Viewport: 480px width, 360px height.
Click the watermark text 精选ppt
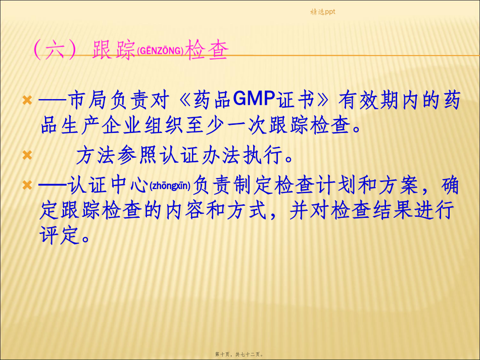[x=323, y=12]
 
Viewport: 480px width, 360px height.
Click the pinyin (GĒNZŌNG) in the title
[x=160, y=51]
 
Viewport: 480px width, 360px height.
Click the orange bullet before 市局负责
[x=27, y=100]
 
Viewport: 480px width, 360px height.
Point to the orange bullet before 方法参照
[x=27, y=155]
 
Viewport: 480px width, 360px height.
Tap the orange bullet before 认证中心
[x=27, y=185]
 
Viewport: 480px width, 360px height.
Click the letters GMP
[x=254, y=99]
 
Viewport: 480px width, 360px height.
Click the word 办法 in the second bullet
[x=221, y=155]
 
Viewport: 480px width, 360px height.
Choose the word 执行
[x=263, y=155]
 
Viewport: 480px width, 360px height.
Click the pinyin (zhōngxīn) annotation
[x=170, y=186]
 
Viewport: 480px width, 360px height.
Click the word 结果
[x=393, y=210]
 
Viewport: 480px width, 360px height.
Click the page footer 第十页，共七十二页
[x=239, y=354]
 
